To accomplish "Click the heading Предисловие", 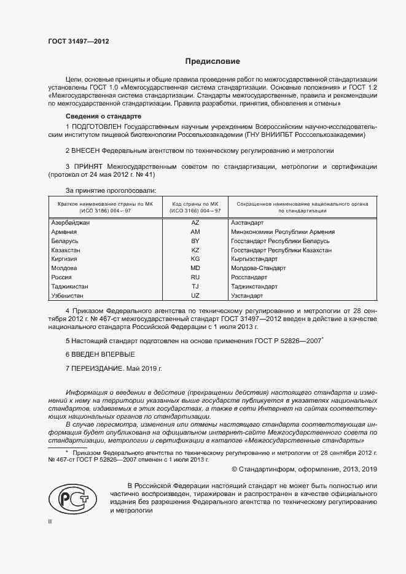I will click(213, 61).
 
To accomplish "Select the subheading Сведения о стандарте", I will click(104, 116).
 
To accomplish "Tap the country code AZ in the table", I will click(195, 223).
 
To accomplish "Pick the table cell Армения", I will click(64, 232).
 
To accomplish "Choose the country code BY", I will click(195, 241).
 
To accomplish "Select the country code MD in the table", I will click(195, 268).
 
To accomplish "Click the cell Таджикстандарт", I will click(254, 286).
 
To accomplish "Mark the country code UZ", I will click(195, 295).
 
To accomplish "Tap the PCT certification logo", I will click(69, 495).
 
